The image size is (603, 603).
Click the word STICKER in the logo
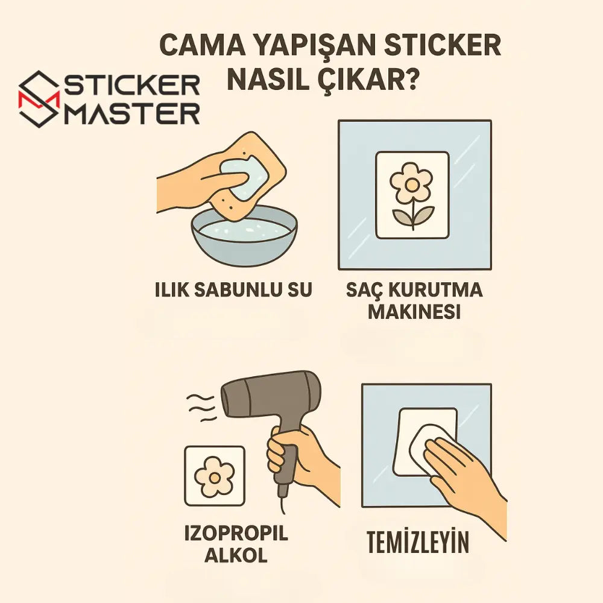131,87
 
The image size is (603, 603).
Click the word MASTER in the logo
131,113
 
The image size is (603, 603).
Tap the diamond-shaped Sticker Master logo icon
39,99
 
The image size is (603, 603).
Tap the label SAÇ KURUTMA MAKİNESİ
414,301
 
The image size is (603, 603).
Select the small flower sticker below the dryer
214,476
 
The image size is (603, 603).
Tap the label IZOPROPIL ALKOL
236,545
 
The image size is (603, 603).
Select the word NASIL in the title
266,80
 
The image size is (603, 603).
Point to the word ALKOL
236,555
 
